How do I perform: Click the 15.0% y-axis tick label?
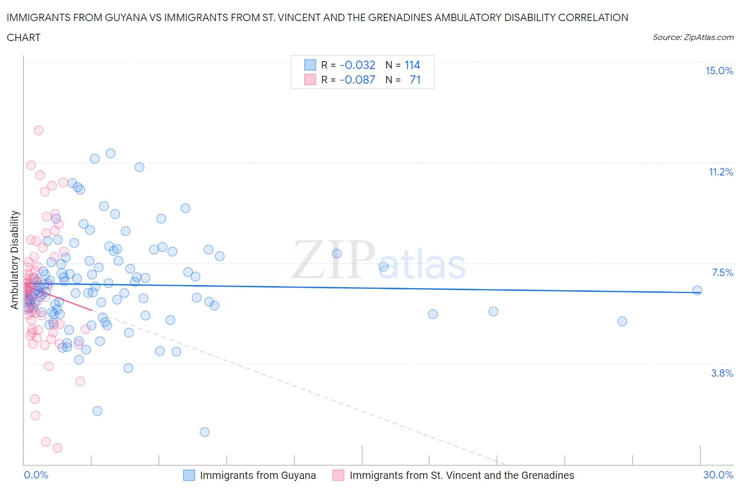pyautogui.click(x=719, y=71)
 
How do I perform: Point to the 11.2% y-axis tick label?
pyautogui.click(x=721, y=172)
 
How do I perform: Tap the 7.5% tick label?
pyautogui.click(x=722, y=272)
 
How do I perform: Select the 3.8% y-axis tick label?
pyautogui.click(x=722, y=373)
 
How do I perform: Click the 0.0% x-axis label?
pyautogui.click(x=36, y=475)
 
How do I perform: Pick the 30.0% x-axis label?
pyautogui.click(x=718, y=475)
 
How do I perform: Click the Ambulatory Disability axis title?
pyautogui.click(x=15, y=260)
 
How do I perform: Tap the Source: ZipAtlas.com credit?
pyautogui.click(x=693, y=37)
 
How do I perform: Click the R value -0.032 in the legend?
pyautogui.click(x=357, y=65)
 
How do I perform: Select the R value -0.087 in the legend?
pyautogui.click(x=357, y=80)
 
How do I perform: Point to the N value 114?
pyautogui.click(x=412, y=65)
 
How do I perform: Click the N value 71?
pyautogui.click(x=415, y=80)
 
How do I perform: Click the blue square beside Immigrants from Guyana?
pyautogui.click(x=189, y=475)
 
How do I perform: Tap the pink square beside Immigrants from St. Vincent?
pyautogui.click(x=338, y=475)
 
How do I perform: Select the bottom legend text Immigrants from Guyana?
pyautogui.click(x=258, y=475)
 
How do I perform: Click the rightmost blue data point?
pyautogui.click(x=697, y=290)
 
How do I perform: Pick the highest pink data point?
pyautogui.click(x=38, y=130)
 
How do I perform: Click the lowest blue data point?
pyautogui.click(x=205, y=432)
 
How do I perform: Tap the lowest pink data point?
pyautogui.click(x=57, y=448)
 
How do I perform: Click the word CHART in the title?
pyautogui.click(x=24, y=37)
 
